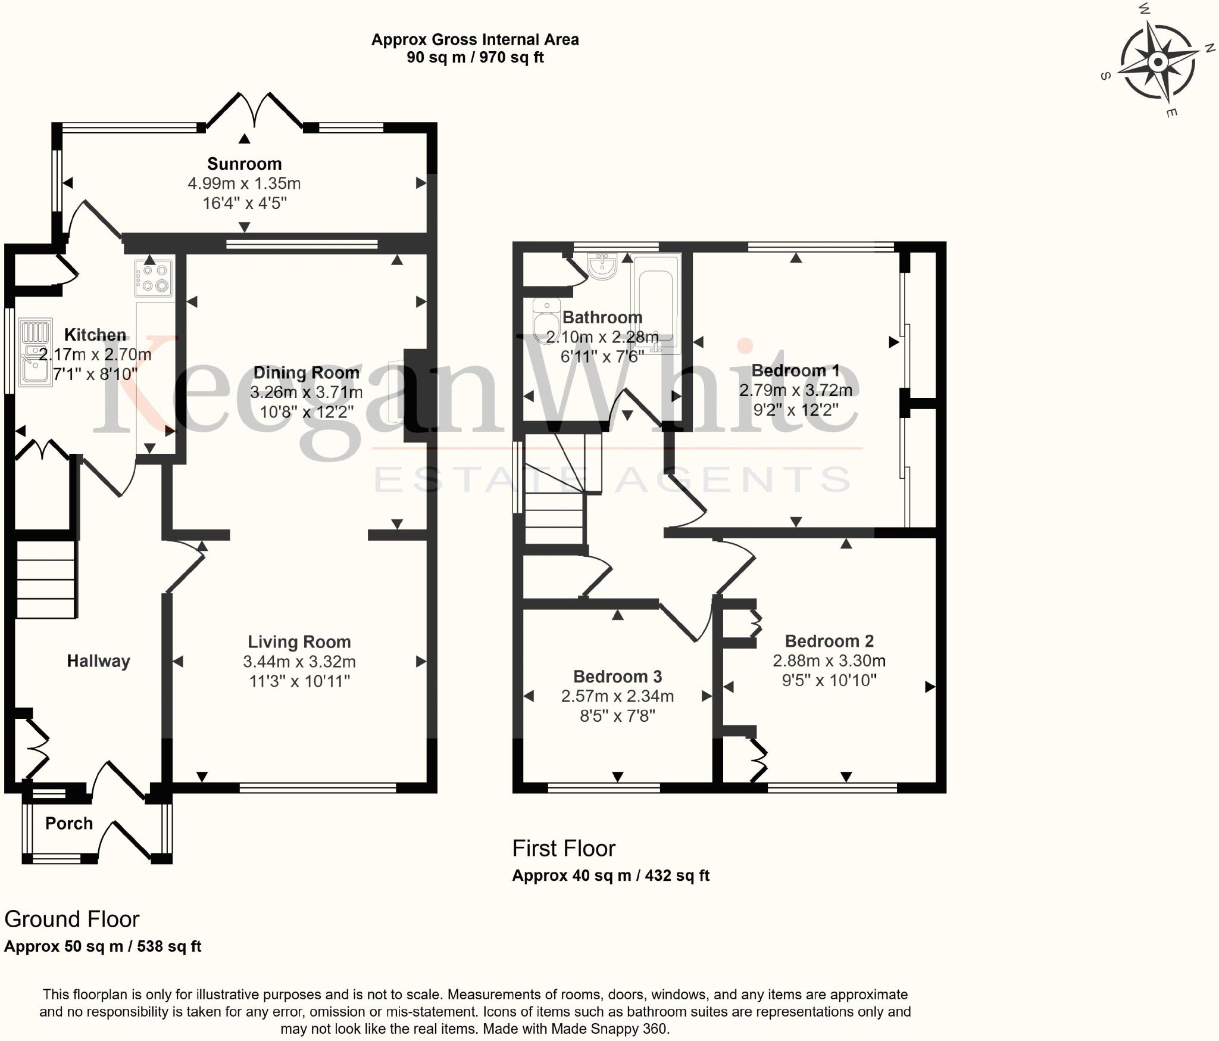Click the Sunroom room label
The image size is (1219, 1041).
244,164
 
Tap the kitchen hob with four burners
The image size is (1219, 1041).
154,278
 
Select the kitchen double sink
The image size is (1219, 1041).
35,353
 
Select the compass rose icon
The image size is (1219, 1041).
1158,62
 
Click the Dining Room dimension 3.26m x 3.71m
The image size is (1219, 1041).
306,392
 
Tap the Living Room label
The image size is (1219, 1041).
299,642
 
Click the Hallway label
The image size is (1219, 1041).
98,661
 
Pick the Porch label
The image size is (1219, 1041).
69,824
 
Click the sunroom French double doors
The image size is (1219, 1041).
255,111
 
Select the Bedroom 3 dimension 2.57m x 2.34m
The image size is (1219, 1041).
617,696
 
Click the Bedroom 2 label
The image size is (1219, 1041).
829,641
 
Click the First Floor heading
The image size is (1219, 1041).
564,849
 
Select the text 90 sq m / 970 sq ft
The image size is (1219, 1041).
475,58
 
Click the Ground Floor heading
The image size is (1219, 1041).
71,920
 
